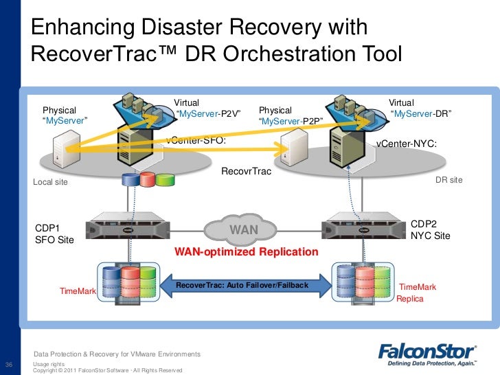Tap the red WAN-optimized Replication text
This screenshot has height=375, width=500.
tap(247, 252)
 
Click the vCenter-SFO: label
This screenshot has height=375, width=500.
tap(196, 141)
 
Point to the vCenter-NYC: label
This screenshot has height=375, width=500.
tap(406, 144)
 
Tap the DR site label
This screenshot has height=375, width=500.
tap(449, 180)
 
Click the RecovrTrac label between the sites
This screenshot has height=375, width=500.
tap(246, 171)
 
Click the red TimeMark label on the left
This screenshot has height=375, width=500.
tap(78, 291)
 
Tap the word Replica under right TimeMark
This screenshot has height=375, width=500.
tap(410, 299)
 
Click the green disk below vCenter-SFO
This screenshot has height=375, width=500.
tap(165, 179)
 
